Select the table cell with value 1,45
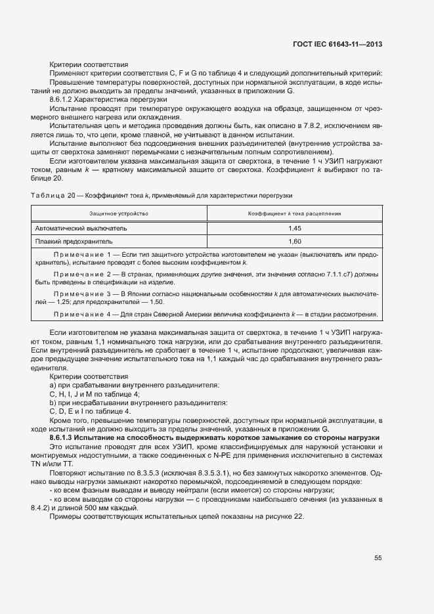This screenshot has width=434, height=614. [x=295, y=228]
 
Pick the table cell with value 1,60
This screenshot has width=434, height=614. [x=295, y=242]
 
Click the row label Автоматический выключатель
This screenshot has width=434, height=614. [x=81, y=228]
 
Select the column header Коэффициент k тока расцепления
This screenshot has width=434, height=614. [x=294, y=214]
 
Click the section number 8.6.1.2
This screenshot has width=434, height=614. [x=61, y=99]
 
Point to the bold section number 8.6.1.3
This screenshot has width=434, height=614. [x=61, y=437]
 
